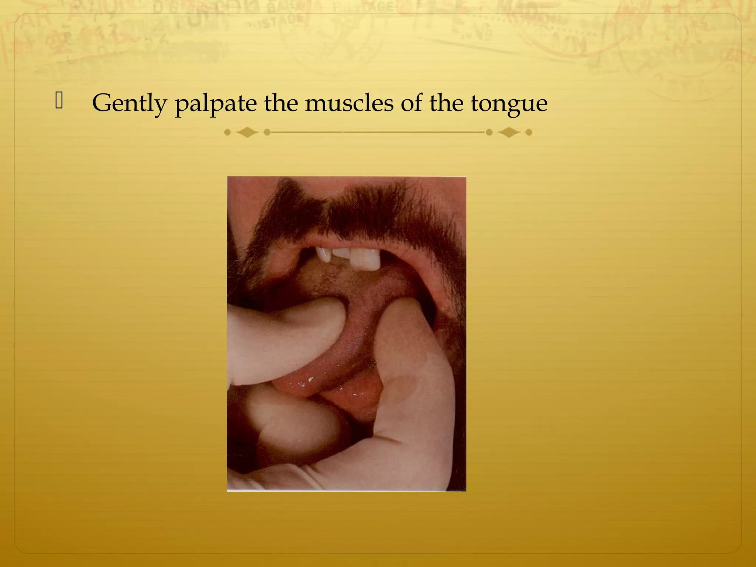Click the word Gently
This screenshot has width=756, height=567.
coord(129,103)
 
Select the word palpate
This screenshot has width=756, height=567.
coord(216,104)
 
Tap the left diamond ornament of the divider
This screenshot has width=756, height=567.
coord(247,132)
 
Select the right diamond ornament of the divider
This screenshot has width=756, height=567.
coord(509,132)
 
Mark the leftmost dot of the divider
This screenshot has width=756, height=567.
coord(227,132)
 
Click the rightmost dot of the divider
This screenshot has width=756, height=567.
coord(529,132)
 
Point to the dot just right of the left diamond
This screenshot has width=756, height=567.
coord(267,132)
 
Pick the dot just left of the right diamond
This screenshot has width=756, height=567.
coord(489,132)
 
